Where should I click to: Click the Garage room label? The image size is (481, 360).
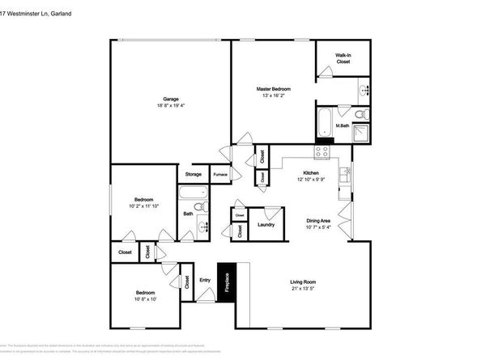171,99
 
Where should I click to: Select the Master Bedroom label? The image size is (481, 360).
274,88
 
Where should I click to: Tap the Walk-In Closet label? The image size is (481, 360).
343,58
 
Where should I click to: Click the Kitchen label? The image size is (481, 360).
311,173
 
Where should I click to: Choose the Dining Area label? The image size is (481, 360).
317,221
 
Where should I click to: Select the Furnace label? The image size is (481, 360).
219,174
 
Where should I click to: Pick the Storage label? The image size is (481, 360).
193,174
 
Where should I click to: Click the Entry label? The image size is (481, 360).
205,281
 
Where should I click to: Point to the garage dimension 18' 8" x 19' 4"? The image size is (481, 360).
171,106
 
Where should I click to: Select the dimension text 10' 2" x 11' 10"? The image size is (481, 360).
144,206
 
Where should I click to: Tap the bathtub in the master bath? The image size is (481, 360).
325,122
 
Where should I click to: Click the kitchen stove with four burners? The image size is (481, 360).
321,150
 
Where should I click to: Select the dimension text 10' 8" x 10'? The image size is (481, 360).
145,299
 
